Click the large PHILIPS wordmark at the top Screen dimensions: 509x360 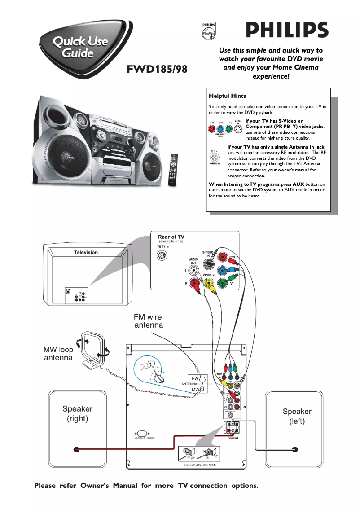click(287, 31)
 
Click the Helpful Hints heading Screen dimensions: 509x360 click(227, 96)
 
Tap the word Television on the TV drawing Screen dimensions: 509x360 click(86, 252)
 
